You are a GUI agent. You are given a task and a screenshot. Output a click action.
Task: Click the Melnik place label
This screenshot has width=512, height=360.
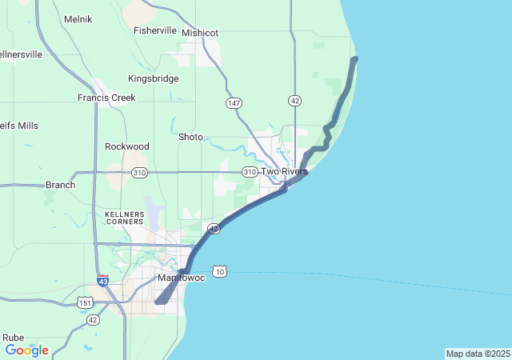[78, 18]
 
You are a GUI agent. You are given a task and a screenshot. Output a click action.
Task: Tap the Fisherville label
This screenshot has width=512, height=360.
[155, 30]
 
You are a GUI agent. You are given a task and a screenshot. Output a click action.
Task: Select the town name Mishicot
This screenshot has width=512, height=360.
[200, 33]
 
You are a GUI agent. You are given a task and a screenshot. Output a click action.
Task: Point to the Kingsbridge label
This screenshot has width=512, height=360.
[154, 78]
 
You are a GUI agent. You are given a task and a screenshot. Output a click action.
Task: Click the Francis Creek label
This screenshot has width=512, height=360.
[106, 98]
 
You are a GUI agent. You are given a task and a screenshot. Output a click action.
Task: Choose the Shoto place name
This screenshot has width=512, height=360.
[190, 137]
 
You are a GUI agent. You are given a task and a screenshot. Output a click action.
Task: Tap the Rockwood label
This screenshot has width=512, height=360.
[127, 146]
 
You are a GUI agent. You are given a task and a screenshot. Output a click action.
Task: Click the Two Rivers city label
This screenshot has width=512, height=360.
[284, 171]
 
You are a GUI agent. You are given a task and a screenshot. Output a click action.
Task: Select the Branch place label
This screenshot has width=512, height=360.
[60, 185]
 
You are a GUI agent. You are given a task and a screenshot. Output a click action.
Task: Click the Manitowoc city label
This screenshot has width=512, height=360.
[181, 278]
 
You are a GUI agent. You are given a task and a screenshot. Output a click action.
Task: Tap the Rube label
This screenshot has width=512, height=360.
[13, 338]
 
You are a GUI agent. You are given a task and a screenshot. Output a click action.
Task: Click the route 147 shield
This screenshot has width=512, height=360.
[234, 103]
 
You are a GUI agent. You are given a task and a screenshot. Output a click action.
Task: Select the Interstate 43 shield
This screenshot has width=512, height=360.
[103, 281]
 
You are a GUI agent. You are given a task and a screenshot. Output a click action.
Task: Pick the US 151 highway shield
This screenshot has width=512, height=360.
[85, 302]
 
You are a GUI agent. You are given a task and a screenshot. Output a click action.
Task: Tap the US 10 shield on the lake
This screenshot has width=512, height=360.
[220, 272]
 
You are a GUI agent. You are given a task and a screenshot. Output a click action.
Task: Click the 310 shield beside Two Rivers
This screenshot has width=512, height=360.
[250, 172]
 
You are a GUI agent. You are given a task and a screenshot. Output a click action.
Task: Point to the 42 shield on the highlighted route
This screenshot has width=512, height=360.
[214, 229]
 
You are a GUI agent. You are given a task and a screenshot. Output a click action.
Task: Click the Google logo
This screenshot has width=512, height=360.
[26, 350]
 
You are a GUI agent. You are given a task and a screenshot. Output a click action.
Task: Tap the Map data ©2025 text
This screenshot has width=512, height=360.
[478, 354]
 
